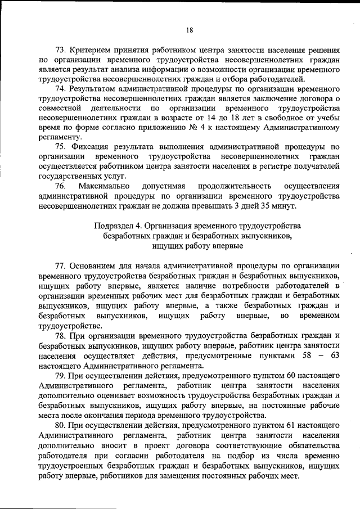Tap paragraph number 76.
click(60, 186)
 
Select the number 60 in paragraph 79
click(286, 375)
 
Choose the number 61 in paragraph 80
click(286, 425)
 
